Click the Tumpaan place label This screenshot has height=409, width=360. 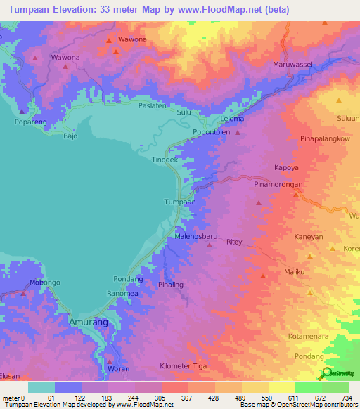click(179, 202)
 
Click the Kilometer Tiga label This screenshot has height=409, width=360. click(183, 366)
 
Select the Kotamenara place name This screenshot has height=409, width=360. click(309, 337)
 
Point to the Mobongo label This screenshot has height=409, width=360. click(44, 283)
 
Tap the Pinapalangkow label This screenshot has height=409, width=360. click(325, 139)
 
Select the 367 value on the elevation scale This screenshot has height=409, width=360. click(187, 398)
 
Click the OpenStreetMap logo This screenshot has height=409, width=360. click(337, 374)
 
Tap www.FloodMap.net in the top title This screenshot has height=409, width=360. click(232, 10)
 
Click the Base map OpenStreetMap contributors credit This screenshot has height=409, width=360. click(297, 405)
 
